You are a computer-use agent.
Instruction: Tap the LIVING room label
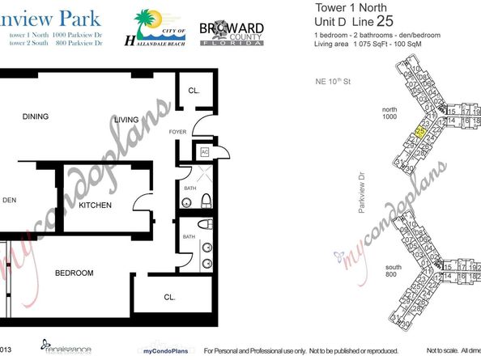pos(126,120)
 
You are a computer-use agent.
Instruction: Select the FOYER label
pos(177,129)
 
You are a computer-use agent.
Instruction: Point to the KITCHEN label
pos(95,205)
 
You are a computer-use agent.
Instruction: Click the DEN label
pos(9,201)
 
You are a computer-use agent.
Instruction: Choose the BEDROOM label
pos(74,273)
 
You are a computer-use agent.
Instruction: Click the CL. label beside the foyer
pos(194,91)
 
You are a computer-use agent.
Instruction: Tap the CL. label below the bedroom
pos(169,298)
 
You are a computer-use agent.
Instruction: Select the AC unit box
pos(205,150)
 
